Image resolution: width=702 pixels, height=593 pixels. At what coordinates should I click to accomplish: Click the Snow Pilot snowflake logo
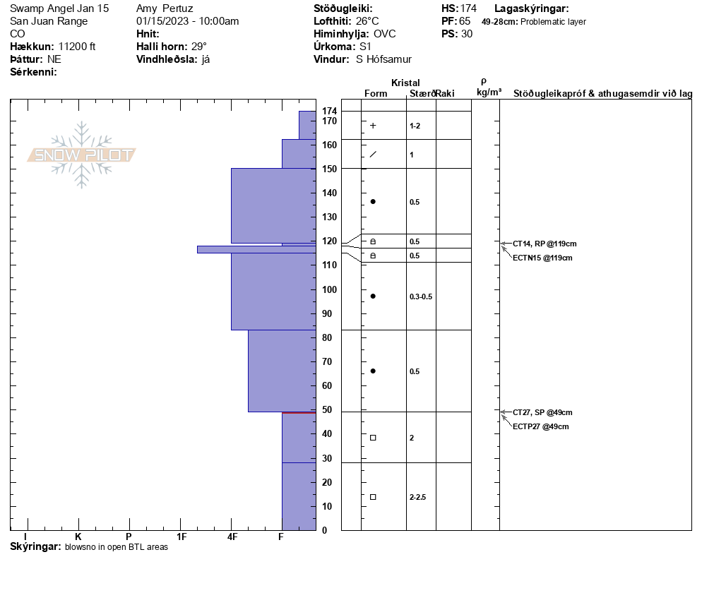point(82,155)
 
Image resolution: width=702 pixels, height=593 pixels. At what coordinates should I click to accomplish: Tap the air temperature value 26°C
point(367,21)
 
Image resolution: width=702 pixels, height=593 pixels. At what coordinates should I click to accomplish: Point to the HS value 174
point(468,8)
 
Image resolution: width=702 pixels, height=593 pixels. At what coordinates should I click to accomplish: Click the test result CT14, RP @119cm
point(540,244)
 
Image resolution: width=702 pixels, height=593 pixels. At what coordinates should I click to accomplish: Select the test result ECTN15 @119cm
point(542,258)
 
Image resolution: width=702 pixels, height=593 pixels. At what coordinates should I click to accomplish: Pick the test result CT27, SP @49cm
point(542,412)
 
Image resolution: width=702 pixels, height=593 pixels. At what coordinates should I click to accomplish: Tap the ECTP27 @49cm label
point(541,426)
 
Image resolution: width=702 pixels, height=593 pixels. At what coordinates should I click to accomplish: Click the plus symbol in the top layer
point(373,126)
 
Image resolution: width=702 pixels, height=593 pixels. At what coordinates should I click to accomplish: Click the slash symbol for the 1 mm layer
point(373,154)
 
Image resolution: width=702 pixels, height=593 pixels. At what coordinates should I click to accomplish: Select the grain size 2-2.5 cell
point(417,497)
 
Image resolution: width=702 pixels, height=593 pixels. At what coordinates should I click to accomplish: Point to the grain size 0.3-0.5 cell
point(420,296)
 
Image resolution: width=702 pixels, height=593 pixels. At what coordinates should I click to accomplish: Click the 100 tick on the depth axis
point(329,289)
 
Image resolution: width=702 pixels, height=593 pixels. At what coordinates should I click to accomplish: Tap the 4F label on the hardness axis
point(232,537)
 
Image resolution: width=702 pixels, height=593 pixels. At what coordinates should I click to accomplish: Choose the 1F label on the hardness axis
point(182,537)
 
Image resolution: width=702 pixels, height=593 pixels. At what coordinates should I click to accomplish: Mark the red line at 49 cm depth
point(298,412)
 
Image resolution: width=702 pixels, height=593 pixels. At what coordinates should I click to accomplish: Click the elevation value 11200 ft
point(77,47)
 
